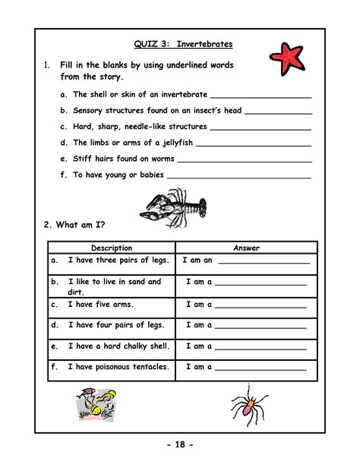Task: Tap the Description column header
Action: (x=112, y=248)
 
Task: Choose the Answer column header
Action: (x=246, y=248)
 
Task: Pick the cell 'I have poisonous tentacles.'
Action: (x=118, y=367)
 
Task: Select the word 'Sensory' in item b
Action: (x=90, y=110)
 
